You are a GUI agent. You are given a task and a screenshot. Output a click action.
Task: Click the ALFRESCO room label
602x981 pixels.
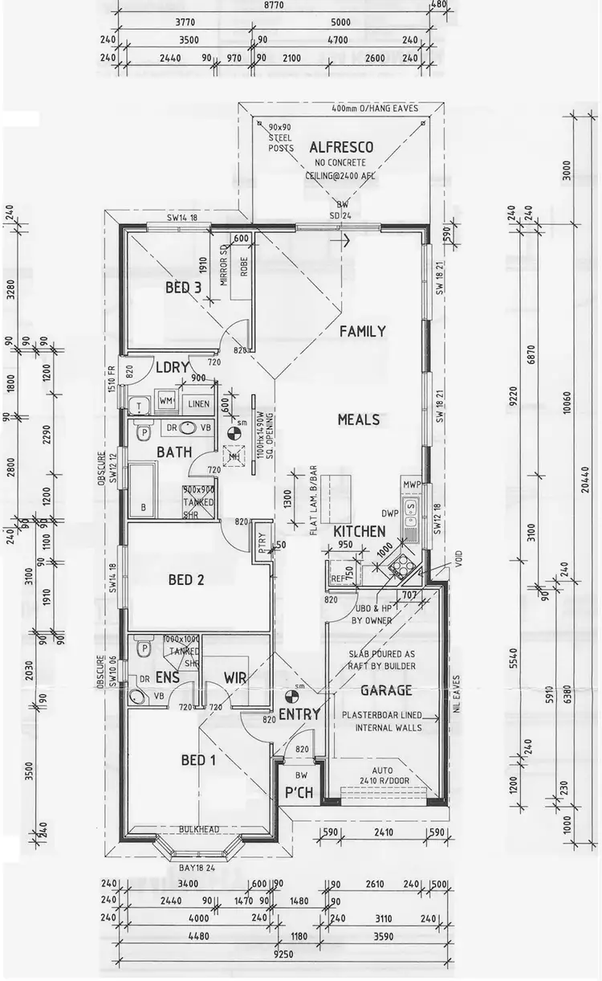(341, 147)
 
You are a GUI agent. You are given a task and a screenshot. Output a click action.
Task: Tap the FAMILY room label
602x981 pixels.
(362, 331)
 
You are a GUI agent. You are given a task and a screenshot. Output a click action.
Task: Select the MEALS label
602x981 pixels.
(359, 419)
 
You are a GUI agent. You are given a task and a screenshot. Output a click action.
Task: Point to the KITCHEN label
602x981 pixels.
(359, 532)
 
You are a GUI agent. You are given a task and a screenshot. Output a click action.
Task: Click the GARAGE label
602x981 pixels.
(386, 690)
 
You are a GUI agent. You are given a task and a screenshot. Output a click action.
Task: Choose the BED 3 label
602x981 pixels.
(184, 288)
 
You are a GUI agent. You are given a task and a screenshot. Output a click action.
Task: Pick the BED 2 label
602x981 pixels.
(185, 579)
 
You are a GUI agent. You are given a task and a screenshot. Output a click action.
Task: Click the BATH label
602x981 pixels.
(174, 452)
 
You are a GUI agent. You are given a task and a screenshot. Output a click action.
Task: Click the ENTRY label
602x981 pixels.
(299, 714)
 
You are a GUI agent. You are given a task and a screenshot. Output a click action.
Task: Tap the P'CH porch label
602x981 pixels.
(298, 794)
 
